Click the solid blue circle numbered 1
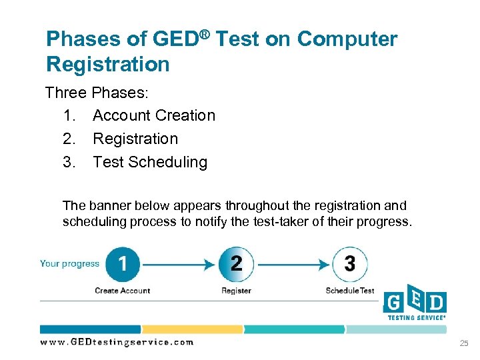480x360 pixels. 123,264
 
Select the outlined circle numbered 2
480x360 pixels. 236,264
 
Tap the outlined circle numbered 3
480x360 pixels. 349,264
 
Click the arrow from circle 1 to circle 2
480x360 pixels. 179,265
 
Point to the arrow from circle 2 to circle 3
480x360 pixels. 293,265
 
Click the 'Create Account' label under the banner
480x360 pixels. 123,291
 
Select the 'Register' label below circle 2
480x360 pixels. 236,291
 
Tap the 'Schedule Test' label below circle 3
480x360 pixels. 350,291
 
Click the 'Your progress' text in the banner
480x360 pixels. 69,263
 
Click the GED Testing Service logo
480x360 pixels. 415,305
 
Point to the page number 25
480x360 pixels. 464,343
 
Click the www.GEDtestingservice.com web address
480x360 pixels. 117,342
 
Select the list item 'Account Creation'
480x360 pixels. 154,115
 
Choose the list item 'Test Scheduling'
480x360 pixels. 150,162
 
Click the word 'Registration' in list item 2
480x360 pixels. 135,139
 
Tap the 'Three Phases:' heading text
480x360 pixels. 96,93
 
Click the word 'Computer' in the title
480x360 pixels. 347,39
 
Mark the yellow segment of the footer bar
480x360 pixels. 192,329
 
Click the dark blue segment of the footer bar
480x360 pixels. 90,329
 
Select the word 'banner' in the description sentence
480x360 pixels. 108,206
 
